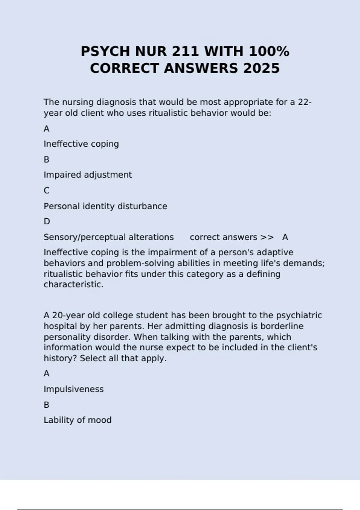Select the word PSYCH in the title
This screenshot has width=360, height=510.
click(x=106, y=51)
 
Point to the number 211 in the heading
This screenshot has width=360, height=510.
click(x=185, y=51)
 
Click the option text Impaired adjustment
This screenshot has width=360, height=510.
click(x=88, y=175)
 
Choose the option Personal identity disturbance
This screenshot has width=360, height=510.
click(x=105, y=206)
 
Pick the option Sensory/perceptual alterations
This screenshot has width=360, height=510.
click(x=109, y=237)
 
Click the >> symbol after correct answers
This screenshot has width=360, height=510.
click(x=267, y=237)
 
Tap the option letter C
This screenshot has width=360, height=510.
click(x=46, y=190)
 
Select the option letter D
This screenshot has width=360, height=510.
click(x=47, y=221)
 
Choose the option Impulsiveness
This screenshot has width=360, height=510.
click(x=73, y=389)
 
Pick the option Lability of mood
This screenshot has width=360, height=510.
click(x=77, y=420)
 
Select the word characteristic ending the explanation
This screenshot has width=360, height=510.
click(x=73, y=284)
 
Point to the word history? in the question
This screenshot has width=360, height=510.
click(x=61, y=358)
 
